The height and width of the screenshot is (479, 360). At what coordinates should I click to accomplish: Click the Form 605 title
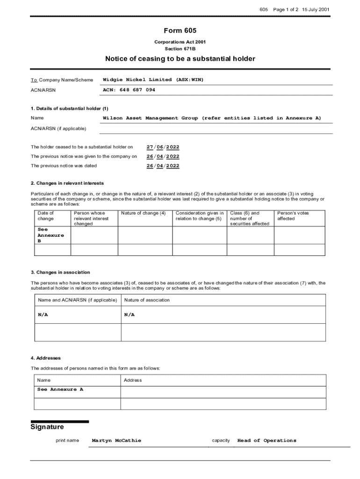point(180,31)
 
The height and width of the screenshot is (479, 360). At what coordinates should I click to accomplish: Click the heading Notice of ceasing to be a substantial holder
point(180,59)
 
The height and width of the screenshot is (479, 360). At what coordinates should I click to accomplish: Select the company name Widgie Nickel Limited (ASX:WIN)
point(153,80)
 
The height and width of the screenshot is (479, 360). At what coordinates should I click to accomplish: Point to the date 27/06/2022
point(163,147)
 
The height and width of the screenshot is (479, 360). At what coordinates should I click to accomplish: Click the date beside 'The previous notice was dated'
point(163,166)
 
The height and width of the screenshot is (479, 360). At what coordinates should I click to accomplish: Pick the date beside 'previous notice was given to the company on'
point(163,156)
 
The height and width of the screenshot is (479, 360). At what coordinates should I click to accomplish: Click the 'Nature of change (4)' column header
point(143,213)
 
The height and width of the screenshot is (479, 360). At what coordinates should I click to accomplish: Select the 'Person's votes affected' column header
point(293,216)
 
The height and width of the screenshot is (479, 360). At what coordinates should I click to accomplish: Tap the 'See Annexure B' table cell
point(50,235)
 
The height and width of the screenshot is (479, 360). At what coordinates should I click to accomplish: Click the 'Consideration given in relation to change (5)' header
point(200,216)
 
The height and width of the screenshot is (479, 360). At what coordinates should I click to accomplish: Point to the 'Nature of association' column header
point(147,300)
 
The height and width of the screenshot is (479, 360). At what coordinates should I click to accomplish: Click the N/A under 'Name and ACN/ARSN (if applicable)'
point(43,315)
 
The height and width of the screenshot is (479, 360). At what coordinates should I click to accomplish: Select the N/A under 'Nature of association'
point(130,315)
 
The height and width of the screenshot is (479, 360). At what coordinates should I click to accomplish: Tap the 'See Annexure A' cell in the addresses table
point(60,389)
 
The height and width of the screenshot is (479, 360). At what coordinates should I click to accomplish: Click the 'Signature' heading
point(47,427)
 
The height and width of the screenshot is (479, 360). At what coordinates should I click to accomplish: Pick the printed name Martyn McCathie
point(116,441)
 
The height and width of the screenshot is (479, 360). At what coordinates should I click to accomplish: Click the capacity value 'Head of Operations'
point(266,441)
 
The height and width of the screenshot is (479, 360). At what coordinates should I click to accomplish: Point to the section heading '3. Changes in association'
point(60,272)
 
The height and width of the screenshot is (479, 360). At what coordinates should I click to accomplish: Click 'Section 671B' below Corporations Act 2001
point(180,49)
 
